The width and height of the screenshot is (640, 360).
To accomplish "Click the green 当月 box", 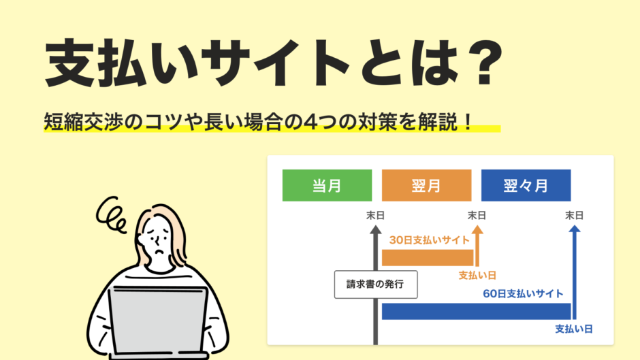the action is click(x=327, y=185).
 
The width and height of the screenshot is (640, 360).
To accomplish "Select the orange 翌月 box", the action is click(x=426, y=185).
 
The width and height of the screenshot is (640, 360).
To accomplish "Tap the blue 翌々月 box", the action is click(x=526, y=185).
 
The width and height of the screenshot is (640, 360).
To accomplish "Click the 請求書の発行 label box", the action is click(x=376, y=284).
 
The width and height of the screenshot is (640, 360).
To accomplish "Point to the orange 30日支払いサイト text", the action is click(x=430, y=240).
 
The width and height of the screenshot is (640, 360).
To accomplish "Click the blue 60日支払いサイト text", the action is click(x=523, y=293).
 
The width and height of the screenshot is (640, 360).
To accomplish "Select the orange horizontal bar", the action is click(x=428, y=258).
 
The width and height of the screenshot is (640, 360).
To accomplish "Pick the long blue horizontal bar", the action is click(x=477, y=311).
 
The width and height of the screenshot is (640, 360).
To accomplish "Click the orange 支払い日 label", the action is click(x=477, y=275).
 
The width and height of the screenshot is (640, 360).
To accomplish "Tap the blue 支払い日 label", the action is click(x=574, y=329).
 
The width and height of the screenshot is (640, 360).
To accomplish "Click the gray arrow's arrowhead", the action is click(x=376, y=230).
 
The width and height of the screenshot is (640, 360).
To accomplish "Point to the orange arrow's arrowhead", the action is click(x=477, y=229).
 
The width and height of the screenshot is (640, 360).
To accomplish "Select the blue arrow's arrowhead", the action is click(x=574, y=229).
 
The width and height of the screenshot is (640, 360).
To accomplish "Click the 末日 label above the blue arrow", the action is click(x=574, y=215).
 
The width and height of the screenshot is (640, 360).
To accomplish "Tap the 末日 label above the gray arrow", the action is click(x=375, y=215).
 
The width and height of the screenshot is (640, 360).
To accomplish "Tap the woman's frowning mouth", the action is click(x=160, y=250).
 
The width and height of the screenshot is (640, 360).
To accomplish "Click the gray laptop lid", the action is click(x=159, y=320).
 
